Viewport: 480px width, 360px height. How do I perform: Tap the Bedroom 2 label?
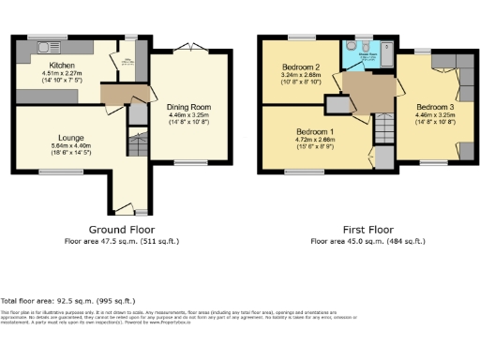(x=302, y=67)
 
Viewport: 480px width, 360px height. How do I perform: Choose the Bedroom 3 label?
(x=434, y=106)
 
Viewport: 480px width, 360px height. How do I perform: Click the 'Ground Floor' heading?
(x=122, y=230)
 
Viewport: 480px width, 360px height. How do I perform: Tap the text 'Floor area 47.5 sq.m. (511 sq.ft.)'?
(x=122, y=241)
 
